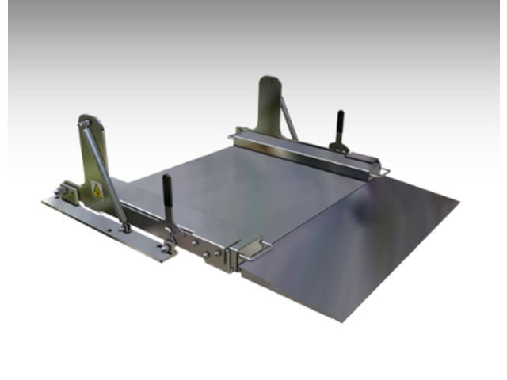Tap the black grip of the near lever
point(167,190)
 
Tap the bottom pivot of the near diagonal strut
point(124,228)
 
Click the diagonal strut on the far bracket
point(289,119)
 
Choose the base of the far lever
point(340,146)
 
